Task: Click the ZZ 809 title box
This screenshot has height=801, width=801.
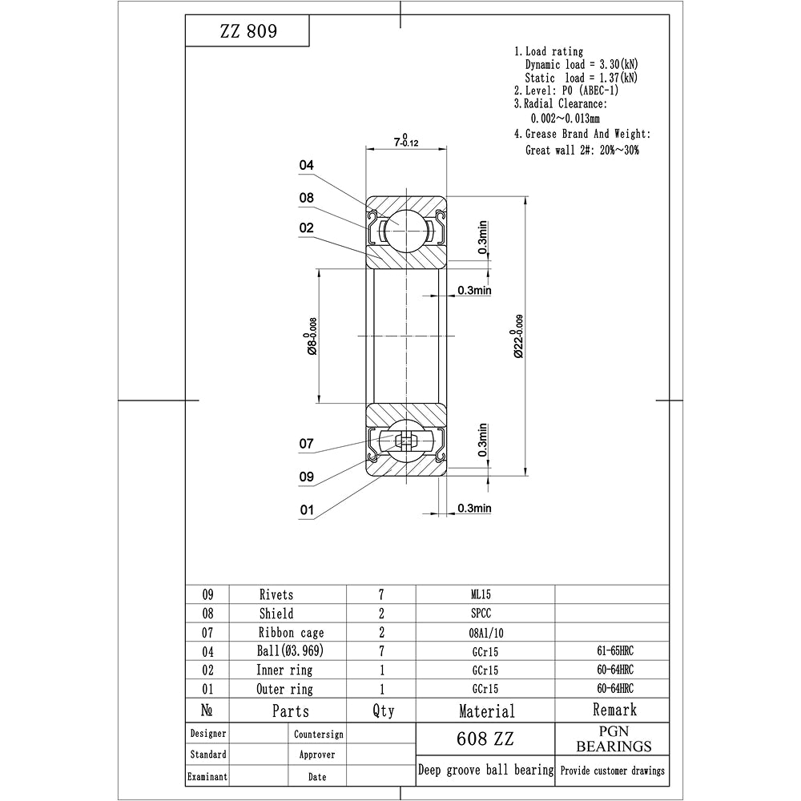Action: point(247,32)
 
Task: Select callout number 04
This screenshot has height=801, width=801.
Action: point(306,166)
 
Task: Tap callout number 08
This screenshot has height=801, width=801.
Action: point(306,198)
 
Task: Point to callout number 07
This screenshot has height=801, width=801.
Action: point(306,444)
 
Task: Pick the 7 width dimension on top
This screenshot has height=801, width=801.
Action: point(407,141)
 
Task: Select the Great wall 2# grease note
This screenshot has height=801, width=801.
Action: point(582,150)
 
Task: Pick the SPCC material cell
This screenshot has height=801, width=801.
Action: point(485,614)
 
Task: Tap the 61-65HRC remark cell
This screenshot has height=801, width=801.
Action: point(611,651)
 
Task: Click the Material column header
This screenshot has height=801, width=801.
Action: point(486,710)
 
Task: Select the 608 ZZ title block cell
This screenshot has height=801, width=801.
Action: point(485,739)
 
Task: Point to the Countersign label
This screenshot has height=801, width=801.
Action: point(318,735)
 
